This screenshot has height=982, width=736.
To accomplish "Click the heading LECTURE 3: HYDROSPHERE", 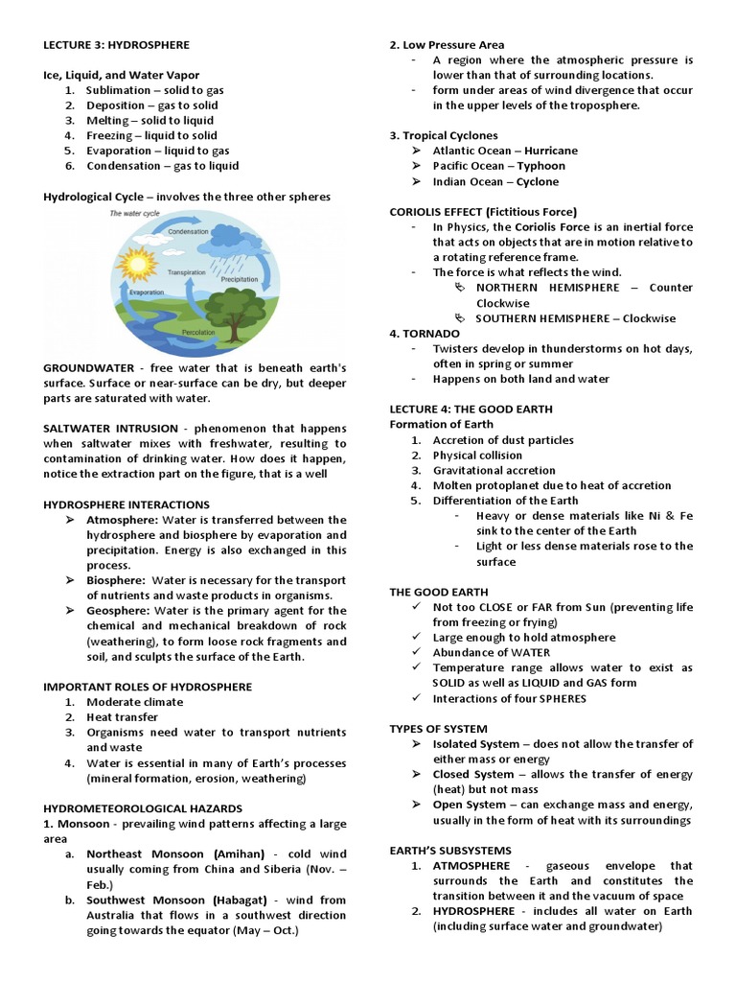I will click(116, 45).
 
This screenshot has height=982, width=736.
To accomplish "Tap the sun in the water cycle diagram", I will click(138, 264).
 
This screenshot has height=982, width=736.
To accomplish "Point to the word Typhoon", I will click(541, 167).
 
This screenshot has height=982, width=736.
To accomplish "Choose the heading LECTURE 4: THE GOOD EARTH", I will click(471, 409).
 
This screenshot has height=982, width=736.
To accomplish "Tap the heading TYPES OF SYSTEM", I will click(438, 729).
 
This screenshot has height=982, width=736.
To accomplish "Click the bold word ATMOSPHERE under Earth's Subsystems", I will click(471, 866).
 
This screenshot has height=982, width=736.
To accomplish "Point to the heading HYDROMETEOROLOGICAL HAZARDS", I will click(143, 808).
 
